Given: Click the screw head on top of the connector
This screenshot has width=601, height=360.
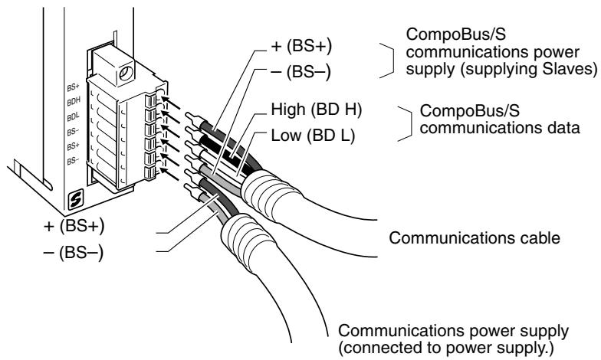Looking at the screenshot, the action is pos(126,73).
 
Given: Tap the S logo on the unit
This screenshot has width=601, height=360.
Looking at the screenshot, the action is pos(75,201).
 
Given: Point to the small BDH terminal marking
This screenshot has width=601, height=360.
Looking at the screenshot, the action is pos(74,102).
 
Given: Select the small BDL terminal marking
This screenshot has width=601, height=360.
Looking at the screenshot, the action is pos(74,117).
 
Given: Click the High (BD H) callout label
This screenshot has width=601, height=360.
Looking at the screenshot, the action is pos(316,110).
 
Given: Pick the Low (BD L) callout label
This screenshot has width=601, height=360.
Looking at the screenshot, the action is pos(313,135).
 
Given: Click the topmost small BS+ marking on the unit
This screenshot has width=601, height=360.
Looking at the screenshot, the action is pos(73,87).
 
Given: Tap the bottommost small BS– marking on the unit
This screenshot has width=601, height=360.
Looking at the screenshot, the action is pos(73,161).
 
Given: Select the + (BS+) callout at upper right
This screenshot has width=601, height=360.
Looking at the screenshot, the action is pos(301,46).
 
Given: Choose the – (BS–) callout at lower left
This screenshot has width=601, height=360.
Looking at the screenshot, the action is pos(74,253).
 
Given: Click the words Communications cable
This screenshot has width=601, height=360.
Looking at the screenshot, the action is pos(475,237).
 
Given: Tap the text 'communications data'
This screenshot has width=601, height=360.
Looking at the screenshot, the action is pos(500,127).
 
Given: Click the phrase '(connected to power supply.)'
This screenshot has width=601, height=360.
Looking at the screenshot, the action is pos(446,348).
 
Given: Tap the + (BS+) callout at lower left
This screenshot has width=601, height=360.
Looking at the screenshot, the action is pos(74,226).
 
